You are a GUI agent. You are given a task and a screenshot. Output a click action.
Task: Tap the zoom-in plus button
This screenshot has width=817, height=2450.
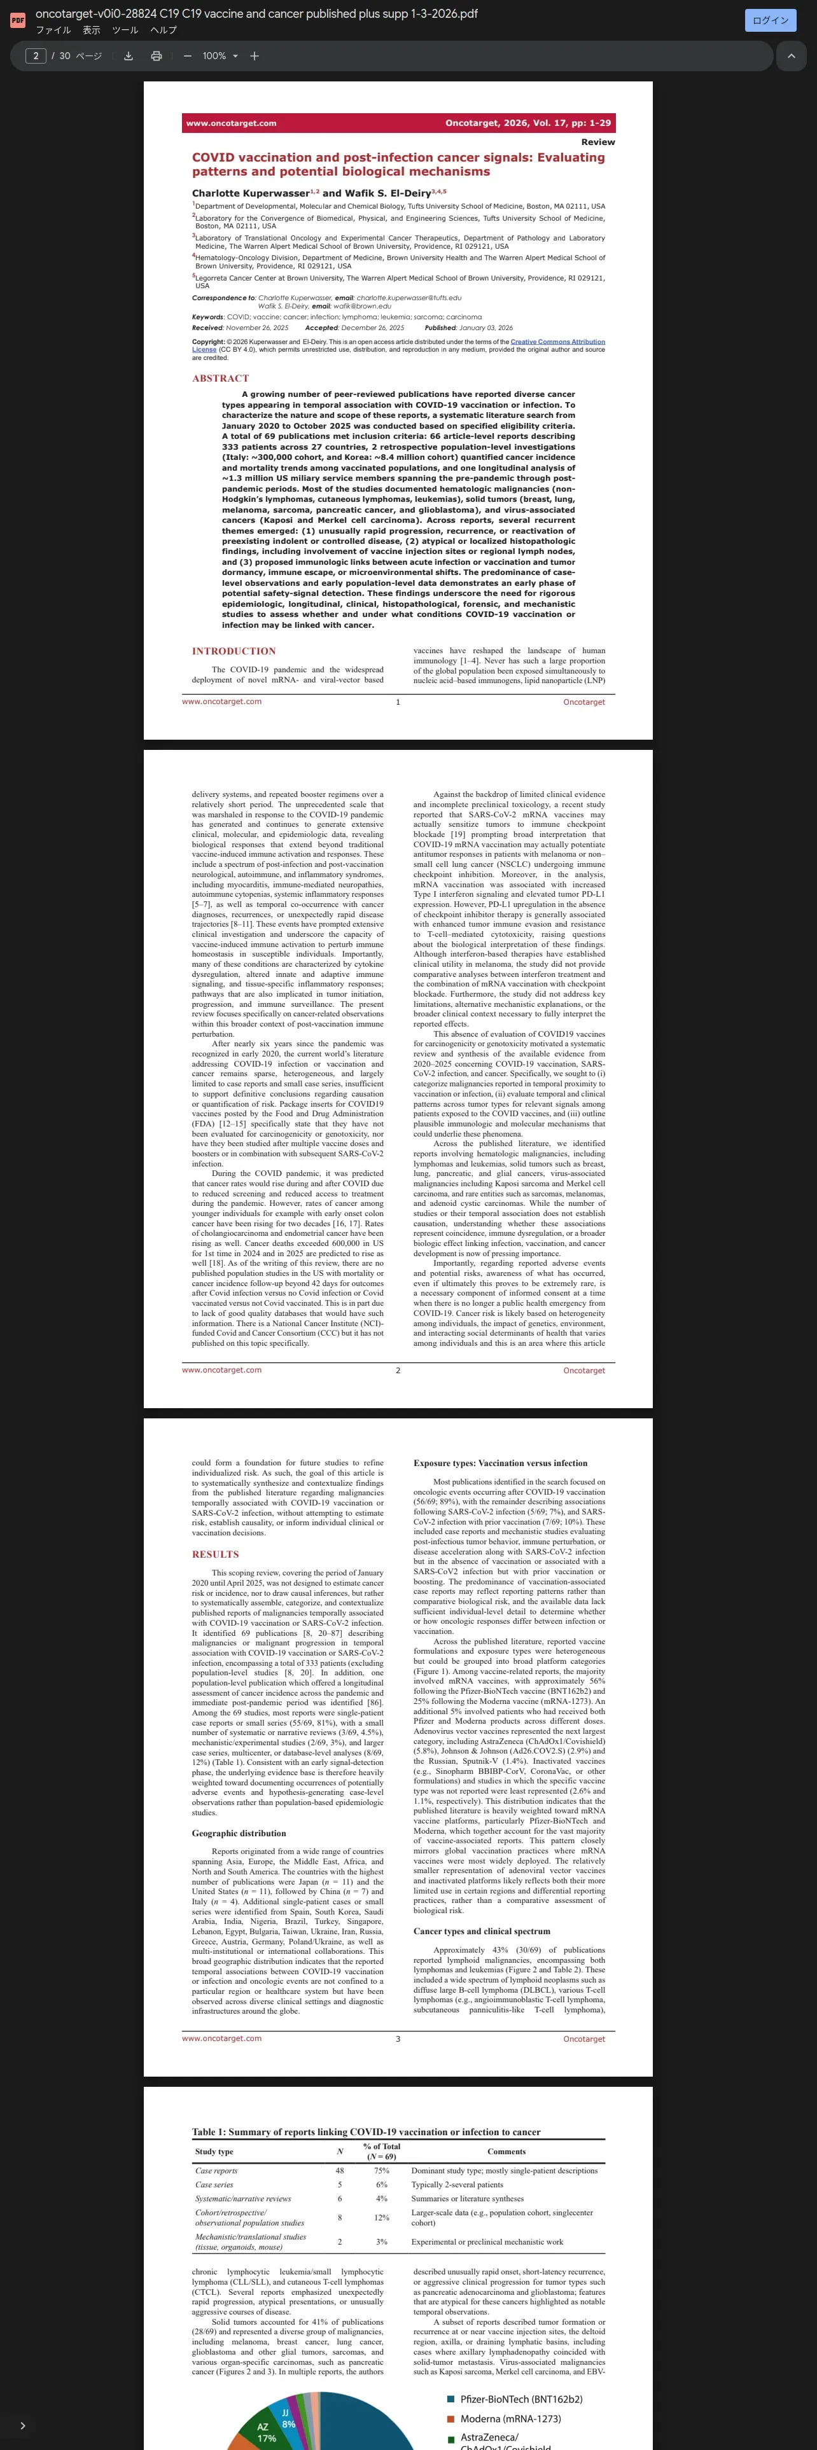click(x=254, y=56)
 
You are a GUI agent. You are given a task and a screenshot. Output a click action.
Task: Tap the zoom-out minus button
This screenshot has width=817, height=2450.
click(x=187, y=56)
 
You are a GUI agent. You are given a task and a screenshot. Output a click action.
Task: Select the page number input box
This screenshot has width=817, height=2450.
click(x=35, y=56)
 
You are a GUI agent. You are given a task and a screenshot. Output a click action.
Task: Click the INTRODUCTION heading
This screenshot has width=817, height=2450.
click(x=234, y=651)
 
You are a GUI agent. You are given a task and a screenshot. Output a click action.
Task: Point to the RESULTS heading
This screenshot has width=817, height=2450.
click(x=215, y=1554)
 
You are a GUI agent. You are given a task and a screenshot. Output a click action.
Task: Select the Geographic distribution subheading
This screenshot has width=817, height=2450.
click(x=239, y=1833)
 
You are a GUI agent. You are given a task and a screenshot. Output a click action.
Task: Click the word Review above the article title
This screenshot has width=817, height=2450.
click(x=597, y=142)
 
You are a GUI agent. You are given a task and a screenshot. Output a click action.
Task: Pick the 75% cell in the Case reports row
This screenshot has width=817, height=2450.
click(x=381, y=2170)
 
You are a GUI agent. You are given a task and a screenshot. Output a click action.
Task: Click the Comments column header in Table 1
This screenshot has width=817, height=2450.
click(x=506, y=2151)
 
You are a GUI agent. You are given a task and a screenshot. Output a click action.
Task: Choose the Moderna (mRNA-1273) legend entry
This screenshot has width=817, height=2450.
click(x=510, y=2419)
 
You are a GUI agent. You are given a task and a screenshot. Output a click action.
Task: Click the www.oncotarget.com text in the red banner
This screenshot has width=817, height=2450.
click(x=231, y=123)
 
